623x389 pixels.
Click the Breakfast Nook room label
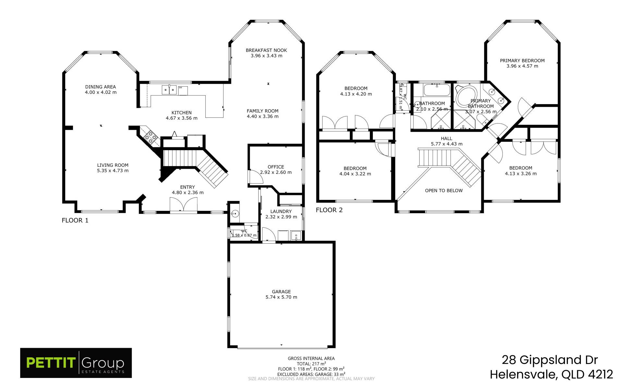click(x=266, y=50)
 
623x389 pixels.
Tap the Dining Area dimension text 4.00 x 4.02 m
click(x=101, y=92)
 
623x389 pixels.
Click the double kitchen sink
click(x=169, y=90)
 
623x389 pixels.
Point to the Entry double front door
click(x=184, y=205)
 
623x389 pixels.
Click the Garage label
click(x=281, y=292)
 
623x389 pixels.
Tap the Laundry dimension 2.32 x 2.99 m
click(x=281, y=217)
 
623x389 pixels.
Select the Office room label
click(x=276, y=167)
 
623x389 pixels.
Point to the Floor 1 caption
click(x=75, y=220)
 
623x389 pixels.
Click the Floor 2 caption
click(x=329, y=210)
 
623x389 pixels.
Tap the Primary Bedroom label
click(x=522, y=61)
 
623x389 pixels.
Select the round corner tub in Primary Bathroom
click(x=466, y=96)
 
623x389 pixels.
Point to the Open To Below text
click(x=444, y=190)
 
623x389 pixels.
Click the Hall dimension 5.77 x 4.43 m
click(x=447, y=144)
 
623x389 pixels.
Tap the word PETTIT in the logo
click(x=51, y=363)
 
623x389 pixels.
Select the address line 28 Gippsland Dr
click(x=550, y=360)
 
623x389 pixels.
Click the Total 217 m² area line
click(x=311, y=364)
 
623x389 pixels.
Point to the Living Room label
click(x=113, y=165)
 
